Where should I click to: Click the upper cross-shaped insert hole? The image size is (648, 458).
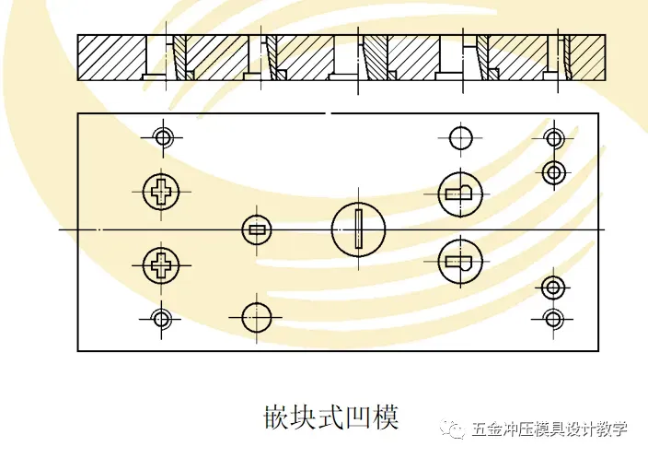tap(162, 193)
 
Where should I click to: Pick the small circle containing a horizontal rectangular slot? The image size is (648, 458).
tap(257, 229)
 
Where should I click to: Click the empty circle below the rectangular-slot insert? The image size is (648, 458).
tap(257, 317)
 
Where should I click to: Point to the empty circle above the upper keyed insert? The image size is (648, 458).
tap(461, 138)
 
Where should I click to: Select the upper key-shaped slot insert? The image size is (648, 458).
tap(459, 193)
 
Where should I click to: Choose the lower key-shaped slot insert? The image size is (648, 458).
tap(459, 261)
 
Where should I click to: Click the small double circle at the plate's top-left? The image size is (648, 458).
tap(163, 138)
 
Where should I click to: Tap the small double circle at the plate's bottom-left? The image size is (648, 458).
tap(162, 319)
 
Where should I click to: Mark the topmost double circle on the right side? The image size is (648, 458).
tap(553, 138)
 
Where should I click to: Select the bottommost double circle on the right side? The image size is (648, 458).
tap(553, 319)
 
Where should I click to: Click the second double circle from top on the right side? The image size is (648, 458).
tap(553, 171)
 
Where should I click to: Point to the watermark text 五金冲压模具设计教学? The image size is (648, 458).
tap(550, 429)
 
